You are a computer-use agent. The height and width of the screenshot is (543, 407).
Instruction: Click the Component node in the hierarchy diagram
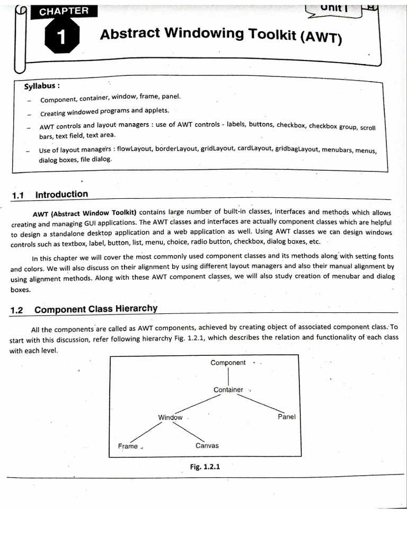(x=228, y=363)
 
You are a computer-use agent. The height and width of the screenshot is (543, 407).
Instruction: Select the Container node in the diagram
(x=228, y=390)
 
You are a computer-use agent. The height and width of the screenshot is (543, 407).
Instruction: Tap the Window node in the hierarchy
(x=170, y=417)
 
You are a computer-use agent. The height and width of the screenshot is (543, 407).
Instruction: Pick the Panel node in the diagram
(x=287, y=417)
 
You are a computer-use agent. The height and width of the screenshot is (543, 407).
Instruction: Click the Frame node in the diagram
(x=128, y=446)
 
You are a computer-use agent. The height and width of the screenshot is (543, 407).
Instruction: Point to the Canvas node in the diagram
(x=207, y=445)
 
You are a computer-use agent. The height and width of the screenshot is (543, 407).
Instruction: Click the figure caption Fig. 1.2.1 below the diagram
(x=205, y=467)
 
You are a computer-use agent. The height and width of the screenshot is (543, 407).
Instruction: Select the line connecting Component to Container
(x=228, y=376)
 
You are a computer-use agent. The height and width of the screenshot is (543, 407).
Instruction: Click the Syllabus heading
(x=41, y=86)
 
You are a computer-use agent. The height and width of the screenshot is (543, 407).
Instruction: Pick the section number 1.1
(x=18, y=195)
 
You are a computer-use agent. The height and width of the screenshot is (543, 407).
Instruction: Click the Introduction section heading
(x=61, y=194)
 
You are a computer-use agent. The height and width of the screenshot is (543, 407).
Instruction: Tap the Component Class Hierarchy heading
(x=95, y=309)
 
